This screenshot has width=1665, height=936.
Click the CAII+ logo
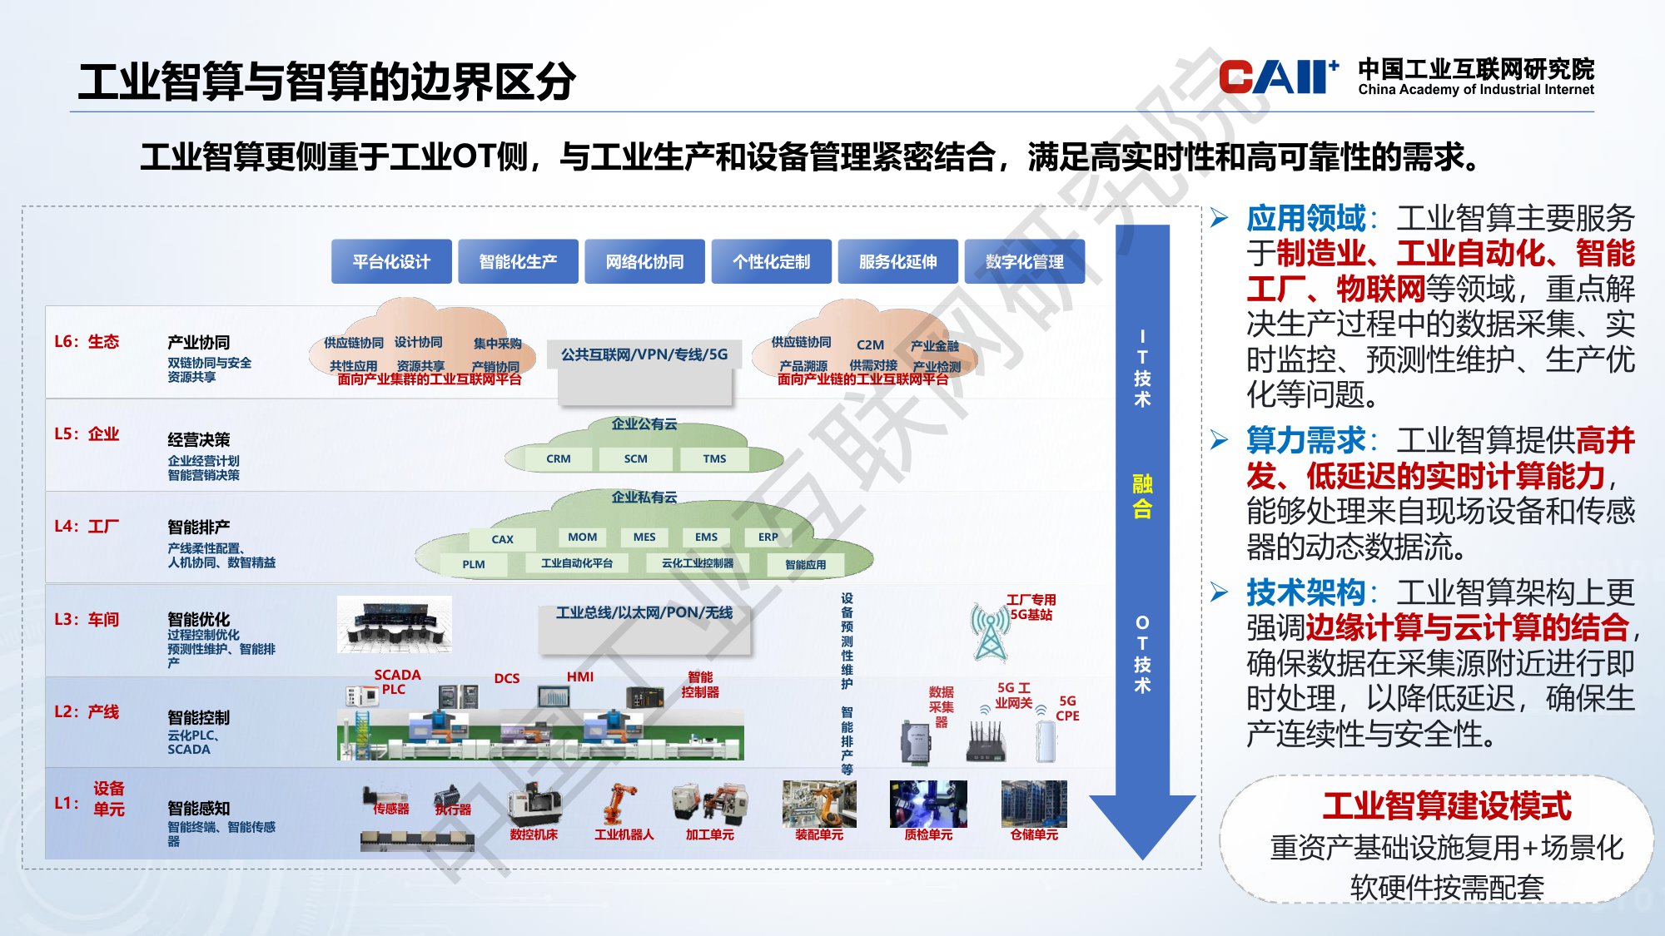pos(1277,77)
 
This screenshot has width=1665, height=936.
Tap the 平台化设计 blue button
pos(391,262)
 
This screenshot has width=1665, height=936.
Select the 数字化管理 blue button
pos(1024,262)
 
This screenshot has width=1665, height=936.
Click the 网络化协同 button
pos(644,262)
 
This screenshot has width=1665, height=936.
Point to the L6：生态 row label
pos(87,342)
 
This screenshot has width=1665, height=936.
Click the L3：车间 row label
pos(87,620)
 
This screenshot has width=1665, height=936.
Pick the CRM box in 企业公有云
pos(558,459)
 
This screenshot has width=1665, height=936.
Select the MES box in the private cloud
pos(644,537)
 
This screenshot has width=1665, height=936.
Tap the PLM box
pos(473,564)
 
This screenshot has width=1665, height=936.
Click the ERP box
pos(768,537)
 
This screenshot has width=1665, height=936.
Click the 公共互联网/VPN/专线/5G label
pos(644,355)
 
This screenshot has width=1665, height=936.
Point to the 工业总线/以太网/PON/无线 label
pos(644,613)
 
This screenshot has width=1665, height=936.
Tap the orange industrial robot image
pos(620,805)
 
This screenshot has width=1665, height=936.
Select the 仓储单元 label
pos(1034,834)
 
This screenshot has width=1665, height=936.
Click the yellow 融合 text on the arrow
pos(1142,496)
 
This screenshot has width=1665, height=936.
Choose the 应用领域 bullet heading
pos(1305,219)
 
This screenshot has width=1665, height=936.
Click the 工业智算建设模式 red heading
pos(1446,805)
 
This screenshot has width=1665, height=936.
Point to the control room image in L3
pos(395,624)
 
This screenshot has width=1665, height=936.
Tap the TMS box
pos(713,459)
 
